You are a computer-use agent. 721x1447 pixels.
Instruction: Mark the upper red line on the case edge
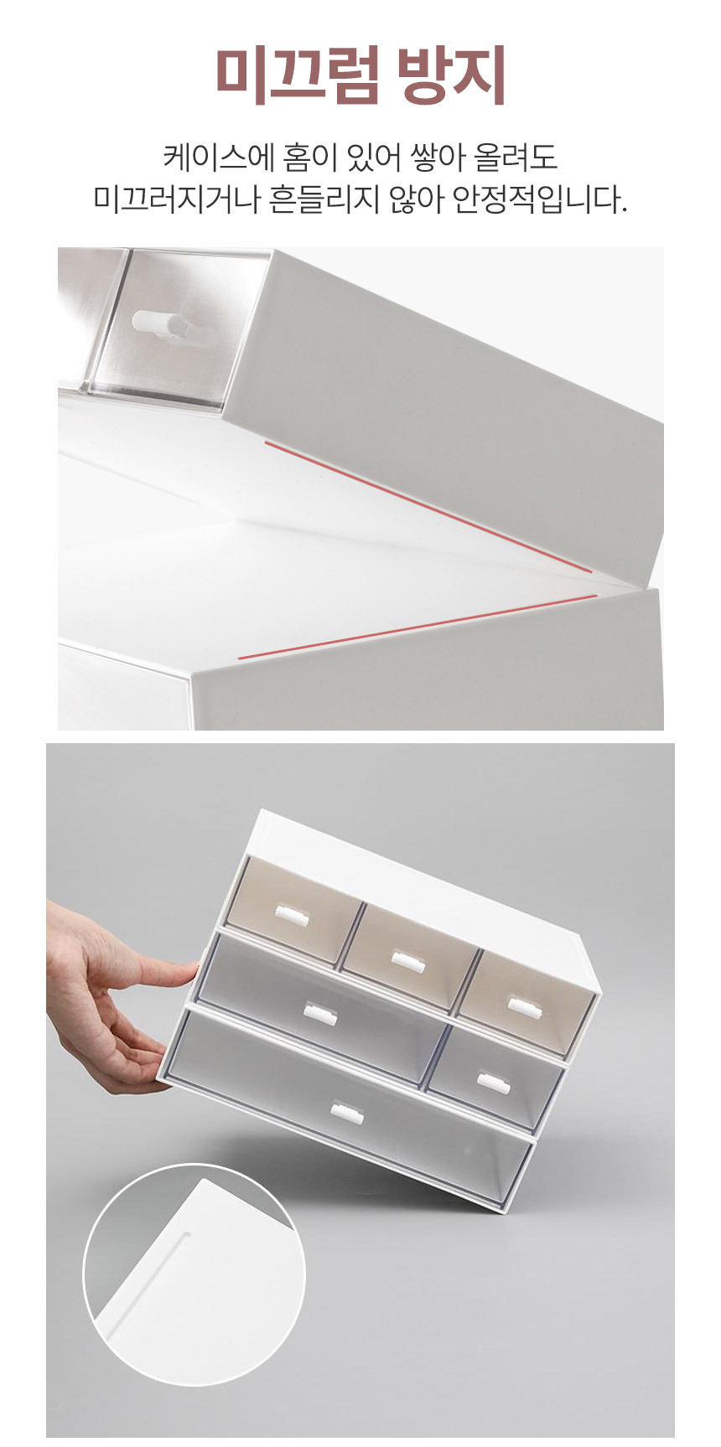pos(428,507)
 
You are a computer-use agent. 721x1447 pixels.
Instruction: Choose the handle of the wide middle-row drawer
pos(319,1015)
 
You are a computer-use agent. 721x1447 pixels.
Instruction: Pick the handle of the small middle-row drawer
pos(495,1083)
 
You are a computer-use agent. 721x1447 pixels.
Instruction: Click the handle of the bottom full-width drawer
pos(345,1114)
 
